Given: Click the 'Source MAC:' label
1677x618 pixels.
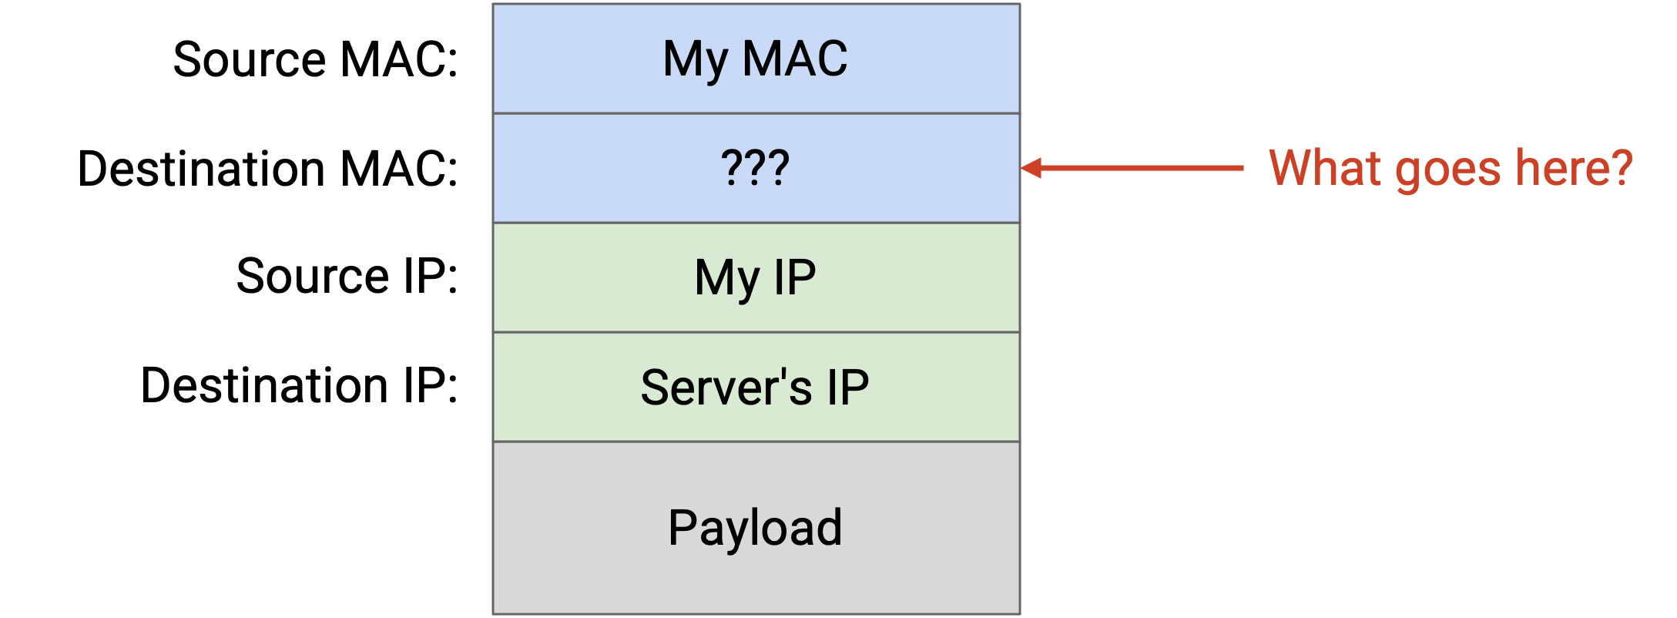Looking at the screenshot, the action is pos(316,59).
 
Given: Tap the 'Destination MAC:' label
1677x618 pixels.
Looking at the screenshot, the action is pos(268,168).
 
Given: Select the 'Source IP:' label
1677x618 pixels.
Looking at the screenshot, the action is pos(347,276).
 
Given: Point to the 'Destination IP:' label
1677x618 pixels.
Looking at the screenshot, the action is pos(300,385).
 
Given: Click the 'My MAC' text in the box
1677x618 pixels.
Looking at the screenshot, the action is pos(756,60).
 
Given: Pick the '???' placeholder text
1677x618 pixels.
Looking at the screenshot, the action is pos(756,167).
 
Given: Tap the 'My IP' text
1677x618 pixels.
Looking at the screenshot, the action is pos(756,279).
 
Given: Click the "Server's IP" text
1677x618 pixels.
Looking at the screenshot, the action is pos(756,387).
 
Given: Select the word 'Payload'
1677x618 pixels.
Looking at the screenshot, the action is pos(756,529).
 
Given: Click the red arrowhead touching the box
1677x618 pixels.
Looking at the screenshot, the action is pos(1031,168).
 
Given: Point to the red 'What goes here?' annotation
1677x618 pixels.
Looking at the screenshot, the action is pos(1451,169).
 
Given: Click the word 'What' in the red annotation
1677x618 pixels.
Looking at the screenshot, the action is pos(1325,167).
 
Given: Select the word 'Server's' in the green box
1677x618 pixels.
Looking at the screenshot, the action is pos(726,387).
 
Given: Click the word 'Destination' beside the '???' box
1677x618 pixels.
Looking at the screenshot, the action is pos(202,168).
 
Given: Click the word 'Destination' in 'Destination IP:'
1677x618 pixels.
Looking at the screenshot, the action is pos(265,385).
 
